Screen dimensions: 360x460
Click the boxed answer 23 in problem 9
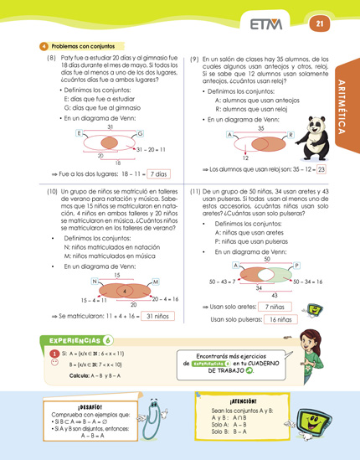point(321,168)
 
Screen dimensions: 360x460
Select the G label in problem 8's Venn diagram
point(140,134)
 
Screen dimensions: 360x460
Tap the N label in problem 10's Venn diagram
point(95,281)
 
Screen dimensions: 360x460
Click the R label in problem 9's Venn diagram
point(291,135)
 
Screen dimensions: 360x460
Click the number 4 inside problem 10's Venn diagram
point(124,292)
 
